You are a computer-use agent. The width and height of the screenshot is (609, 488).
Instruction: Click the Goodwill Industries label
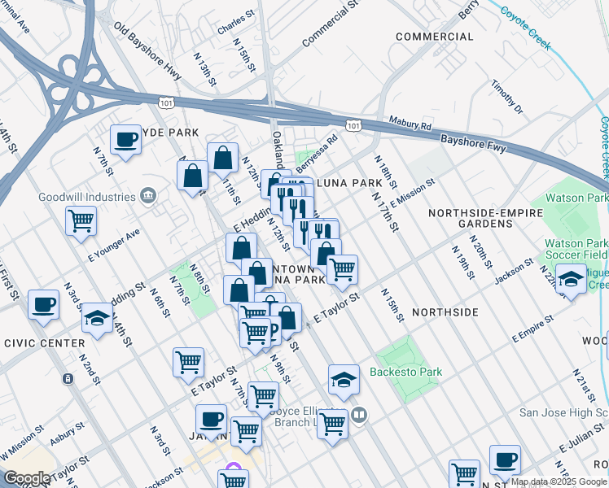[86, 197]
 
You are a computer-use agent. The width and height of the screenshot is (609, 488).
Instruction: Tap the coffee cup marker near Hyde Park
[125, 140]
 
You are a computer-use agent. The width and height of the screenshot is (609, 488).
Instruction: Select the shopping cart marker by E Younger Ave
[81, 220]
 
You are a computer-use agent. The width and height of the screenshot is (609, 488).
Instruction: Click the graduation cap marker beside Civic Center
[97, 318]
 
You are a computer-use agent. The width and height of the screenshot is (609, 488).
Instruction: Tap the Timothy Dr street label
[507, 97]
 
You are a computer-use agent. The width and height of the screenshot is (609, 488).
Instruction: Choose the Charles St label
[237, 23]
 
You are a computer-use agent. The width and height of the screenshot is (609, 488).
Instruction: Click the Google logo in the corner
[27, 478]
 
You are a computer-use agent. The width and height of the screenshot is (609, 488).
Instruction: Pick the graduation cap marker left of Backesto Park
[344, 379]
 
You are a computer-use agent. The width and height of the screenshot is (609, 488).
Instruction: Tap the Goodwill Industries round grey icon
[148, 195]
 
